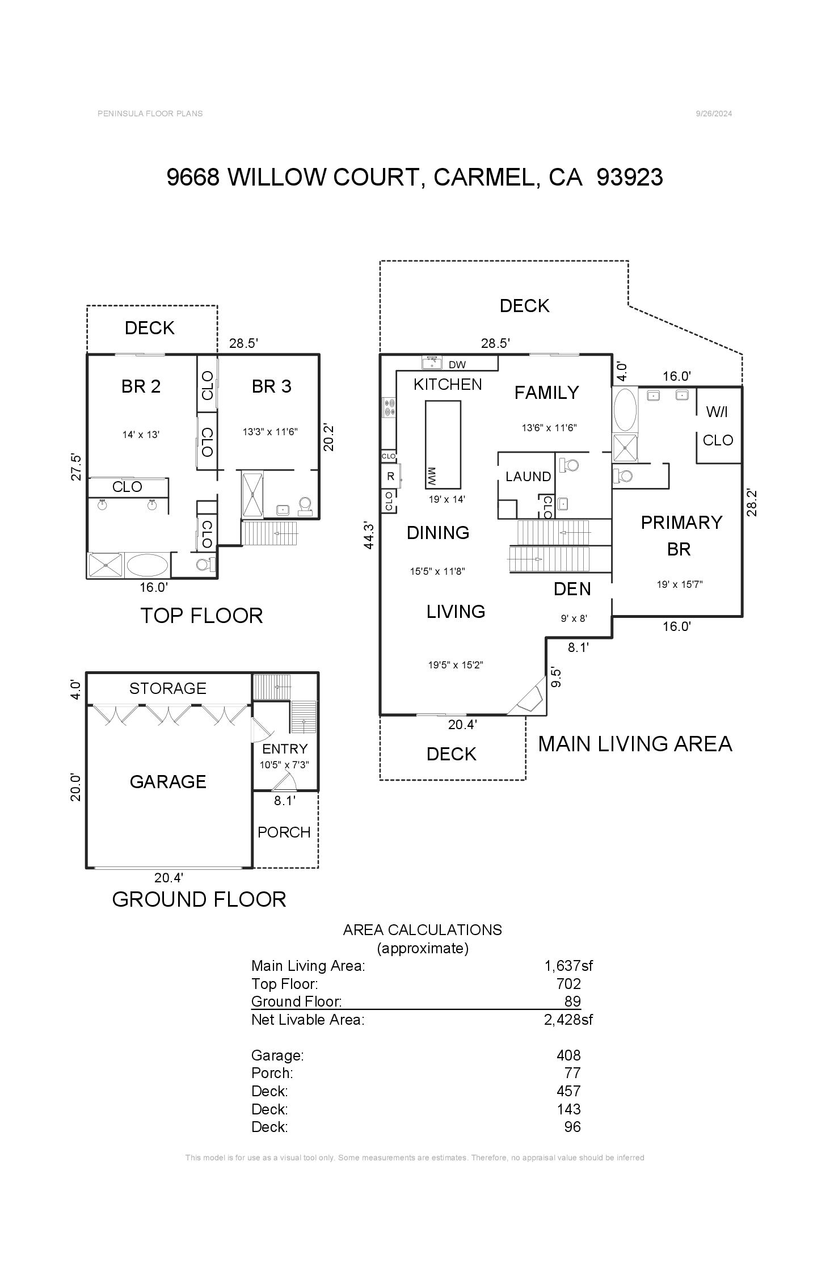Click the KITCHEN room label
click(448, 384)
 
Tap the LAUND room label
click(528, 476)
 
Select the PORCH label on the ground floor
click(284, 832)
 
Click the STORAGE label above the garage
click(167, 688)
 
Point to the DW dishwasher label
click(457, 365)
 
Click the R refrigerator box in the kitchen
click(390, 477)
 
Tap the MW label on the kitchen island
click(432, 475)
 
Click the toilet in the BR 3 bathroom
click(305, 506)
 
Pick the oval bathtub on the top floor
click(147, 566)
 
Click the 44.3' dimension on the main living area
click(369, 535)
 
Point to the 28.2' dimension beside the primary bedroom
click(752, 502)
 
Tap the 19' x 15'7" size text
click(680, 584)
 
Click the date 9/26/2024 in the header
click(714, 113)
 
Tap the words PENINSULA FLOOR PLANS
click(150, 113)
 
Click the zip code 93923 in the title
click(630, 177)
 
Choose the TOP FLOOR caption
click(201, 616)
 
